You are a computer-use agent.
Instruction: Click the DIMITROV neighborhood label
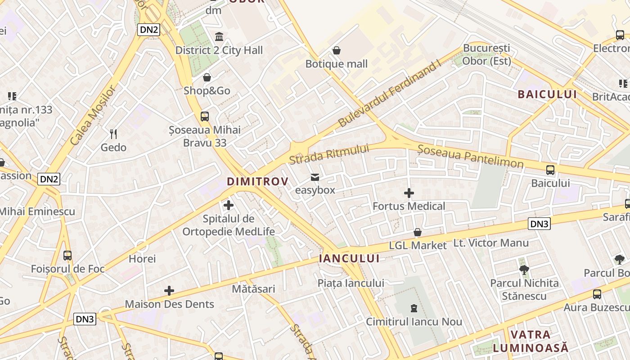pyautogui.click(x=257, y=181)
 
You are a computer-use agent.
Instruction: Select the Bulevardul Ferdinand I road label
pyautogui.click(x=389, y=93)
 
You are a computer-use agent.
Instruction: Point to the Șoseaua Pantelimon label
pyautogui.click(x=470, y=156)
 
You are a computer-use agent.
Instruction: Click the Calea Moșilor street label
pyautogui.click(x=93, y=115)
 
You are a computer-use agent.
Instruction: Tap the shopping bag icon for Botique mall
pyautogui.click(x=337, y=50)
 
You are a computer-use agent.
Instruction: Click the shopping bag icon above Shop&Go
pyautogui.click(x=207, y=77)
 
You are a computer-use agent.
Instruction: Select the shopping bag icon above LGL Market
pyautogui.click(x=418, y=232)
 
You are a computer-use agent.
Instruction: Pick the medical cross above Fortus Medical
pyautogui.click(x=409, y=193)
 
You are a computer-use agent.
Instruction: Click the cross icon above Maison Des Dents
pyautogui.click(x=169, y=291)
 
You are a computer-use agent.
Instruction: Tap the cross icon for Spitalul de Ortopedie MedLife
pyautogui.click(x=229, y=205)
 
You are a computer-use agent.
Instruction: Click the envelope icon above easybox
pyautogui.click(x=315, y=177)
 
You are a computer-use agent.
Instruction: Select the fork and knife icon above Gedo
pyautogui.click(x=113, y=134)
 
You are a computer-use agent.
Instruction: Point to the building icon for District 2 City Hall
pyautogui.click(x=219, y=37)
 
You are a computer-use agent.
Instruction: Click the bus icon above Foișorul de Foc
pyautogui.click(x=67, y=256)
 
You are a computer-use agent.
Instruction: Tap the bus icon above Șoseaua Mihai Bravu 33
pyautogui.click(x=205, y=117)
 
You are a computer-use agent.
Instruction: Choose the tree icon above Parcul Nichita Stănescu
pyautogui.click(x=524, y=270)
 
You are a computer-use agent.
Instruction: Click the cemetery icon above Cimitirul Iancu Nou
pyautogui.click(x=414, y=308)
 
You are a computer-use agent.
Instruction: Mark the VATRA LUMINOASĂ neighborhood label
pyautogui.click(x=531, y=341)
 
